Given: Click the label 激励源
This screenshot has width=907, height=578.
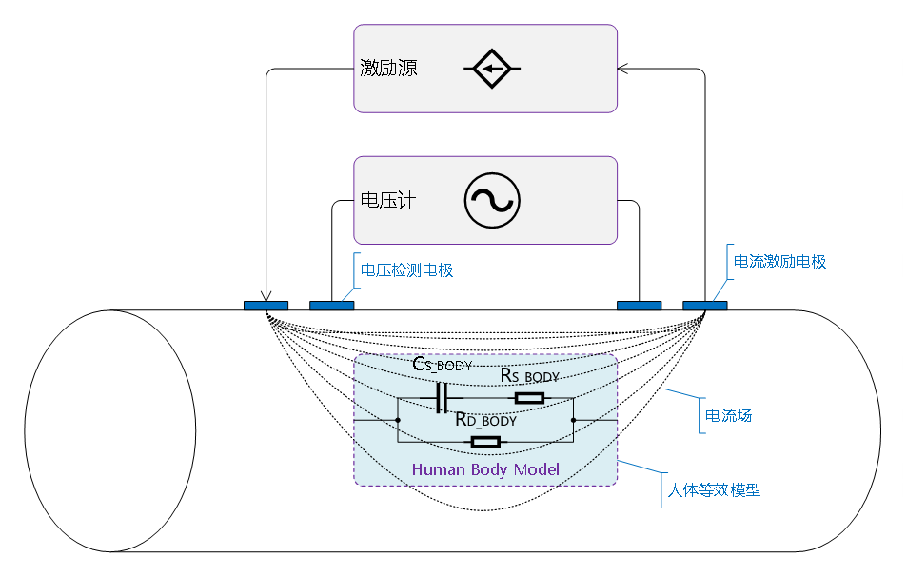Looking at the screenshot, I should pyautogui.click(x=388, y=69).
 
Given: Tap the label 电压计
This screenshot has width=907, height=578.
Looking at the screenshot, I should pyautogui.click(x=388, y=201).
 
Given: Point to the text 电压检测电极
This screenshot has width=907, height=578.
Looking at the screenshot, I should pyautogui.click(x=406, y=270).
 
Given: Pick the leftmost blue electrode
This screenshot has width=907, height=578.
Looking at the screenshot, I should pyautogui.click(x=266, y=306).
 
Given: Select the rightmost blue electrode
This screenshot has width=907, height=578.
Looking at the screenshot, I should pyautogui.click(x=704, y=306).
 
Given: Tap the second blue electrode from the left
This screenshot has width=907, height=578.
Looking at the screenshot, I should pyautogui.click(x=331, y=306).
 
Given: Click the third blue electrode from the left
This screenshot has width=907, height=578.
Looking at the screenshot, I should pyautogui.click(x=639, y=306).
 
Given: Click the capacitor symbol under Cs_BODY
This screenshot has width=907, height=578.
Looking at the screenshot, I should pyautogui.click(x=440, y=398).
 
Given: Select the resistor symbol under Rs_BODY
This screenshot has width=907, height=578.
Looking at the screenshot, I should pyautogui.click(x=528, y=398).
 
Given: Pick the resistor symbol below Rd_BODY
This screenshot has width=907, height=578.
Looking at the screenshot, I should pyautogui.click(x=485, y=441).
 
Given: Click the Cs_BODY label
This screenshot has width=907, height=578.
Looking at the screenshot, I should pyautogui.click(x=443, y=365).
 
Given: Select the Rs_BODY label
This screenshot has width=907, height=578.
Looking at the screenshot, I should pyautogui.click(x=530, y=376).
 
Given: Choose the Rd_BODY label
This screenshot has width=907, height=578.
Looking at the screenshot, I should pyautogui.click(x=485, y=420).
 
